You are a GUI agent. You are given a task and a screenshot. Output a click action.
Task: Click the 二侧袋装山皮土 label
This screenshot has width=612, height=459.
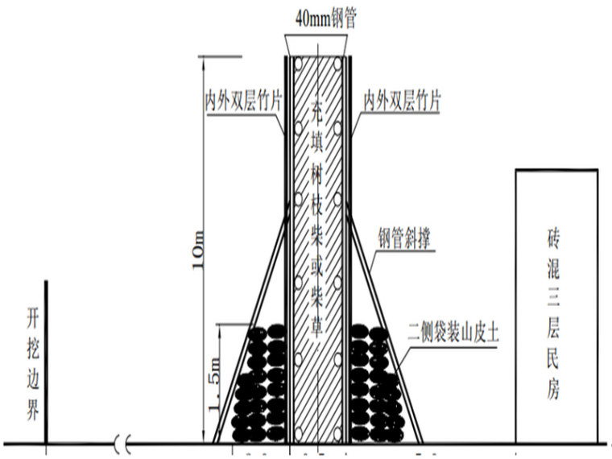pos(453,332)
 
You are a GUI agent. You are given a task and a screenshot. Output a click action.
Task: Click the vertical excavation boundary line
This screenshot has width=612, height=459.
pos(46,362)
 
